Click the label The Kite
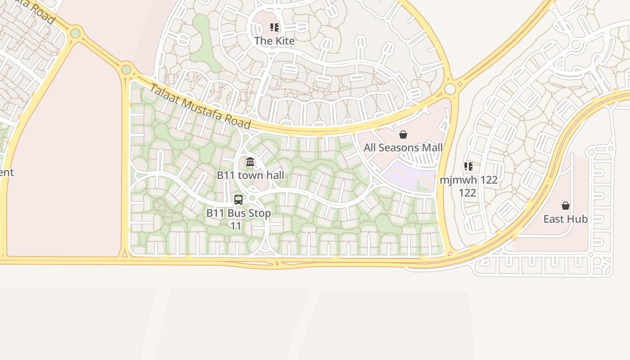(274, 40)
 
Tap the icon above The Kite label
(274, 27)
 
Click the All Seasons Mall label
(403, 148)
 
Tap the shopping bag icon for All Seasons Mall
(403, 135)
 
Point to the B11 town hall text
(250, 175)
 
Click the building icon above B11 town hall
(250, 162)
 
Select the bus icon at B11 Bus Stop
(238, 200)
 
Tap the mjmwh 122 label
(468, 180)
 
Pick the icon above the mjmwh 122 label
(468, 166)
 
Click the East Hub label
(566, 219)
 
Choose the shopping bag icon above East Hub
(566, 206)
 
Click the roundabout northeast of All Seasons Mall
(450, 89)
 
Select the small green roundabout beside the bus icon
(252, 198)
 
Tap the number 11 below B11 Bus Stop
(236, 226)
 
